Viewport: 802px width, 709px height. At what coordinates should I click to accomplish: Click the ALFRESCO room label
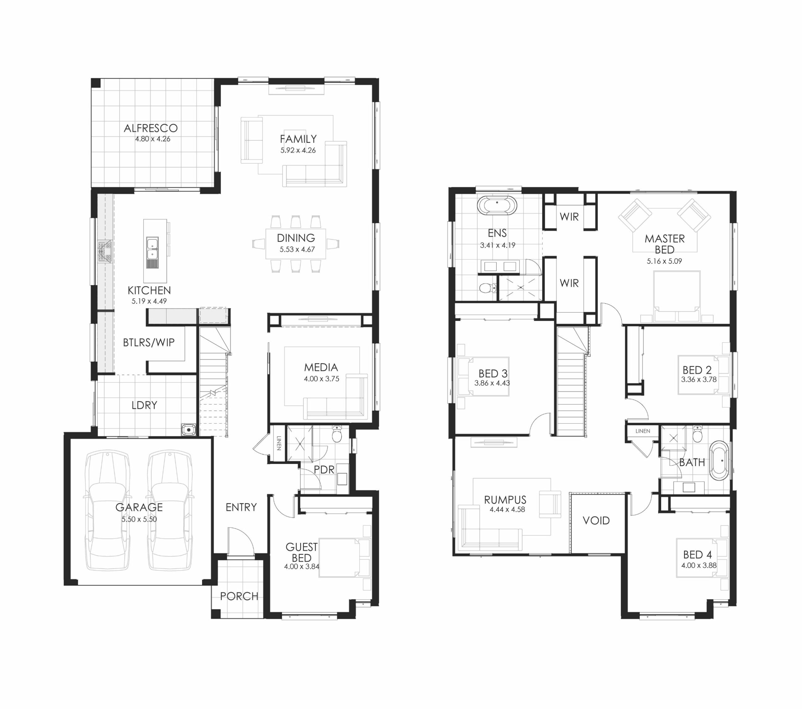point(151,128)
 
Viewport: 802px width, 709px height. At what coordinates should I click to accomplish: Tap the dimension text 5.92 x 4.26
point(298,150)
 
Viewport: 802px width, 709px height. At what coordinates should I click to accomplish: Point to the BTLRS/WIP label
point(149,342)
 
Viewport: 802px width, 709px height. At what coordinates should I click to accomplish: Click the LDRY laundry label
point(144,405)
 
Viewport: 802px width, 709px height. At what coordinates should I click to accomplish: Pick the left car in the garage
point(107,510)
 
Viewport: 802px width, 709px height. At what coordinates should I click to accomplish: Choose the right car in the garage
point(170,510)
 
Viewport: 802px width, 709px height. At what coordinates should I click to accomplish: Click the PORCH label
point(239,596)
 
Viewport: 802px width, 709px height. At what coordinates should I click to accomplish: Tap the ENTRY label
point(241,507)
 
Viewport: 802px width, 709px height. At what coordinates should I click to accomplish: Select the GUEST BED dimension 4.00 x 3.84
point(302,567)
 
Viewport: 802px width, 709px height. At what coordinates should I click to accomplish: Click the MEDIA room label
point(321,367)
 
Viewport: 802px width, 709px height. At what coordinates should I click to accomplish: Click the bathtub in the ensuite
point(497,205)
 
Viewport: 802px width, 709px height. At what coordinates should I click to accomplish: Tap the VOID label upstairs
point(596,521)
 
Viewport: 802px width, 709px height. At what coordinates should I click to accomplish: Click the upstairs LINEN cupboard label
point(643,431)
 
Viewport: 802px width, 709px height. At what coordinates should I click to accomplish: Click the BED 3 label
point(493,373)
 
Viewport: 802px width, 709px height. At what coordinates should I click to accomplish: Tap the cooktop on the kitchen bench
point(105,251)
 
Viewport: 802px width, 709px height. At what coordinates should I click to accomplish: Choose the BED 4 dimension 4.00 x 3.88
point(699,565)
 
